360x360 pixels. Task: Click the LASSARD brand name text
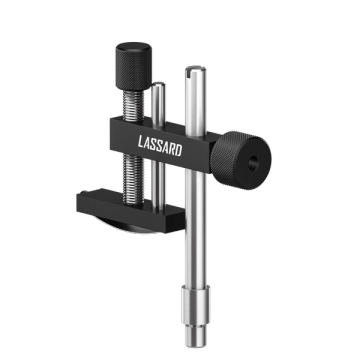click(x=160, y=146)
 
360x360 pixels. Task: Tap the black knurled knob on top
click(x=134, y=66)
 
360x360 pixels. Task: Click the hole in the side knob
click(x=253, y=163)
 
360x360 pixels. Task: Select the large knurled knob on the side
click(x=241, y=160)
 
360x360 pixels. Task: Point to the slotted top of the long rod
click(x=195, y=69)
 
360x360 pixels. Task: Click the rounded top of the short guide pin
click(x=158, y=85)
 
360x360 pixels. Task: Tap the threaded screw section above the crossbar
click(x=133, y=105)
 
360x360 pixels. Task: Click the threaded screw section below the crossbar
click(x=133, y=179)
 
